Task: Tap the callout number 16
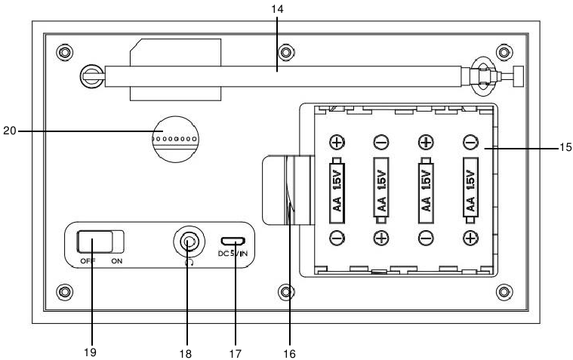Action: coord(288,352)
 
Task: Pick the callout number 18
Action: coord(186,352)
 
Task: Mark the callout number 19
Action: coord(92,352)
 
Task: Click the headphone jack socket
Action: coord(187,242)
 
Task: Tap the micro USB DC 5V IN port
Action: coord(234,242)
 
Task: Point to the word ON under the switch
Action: coord(116,260)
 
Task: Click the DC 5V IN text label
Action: coord(233,254)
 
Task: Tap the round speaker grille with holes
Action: coord(174,138)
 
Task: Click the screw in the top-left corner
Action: coord(65,53)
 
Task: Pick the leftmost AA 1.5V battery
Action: coord(337,188)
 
